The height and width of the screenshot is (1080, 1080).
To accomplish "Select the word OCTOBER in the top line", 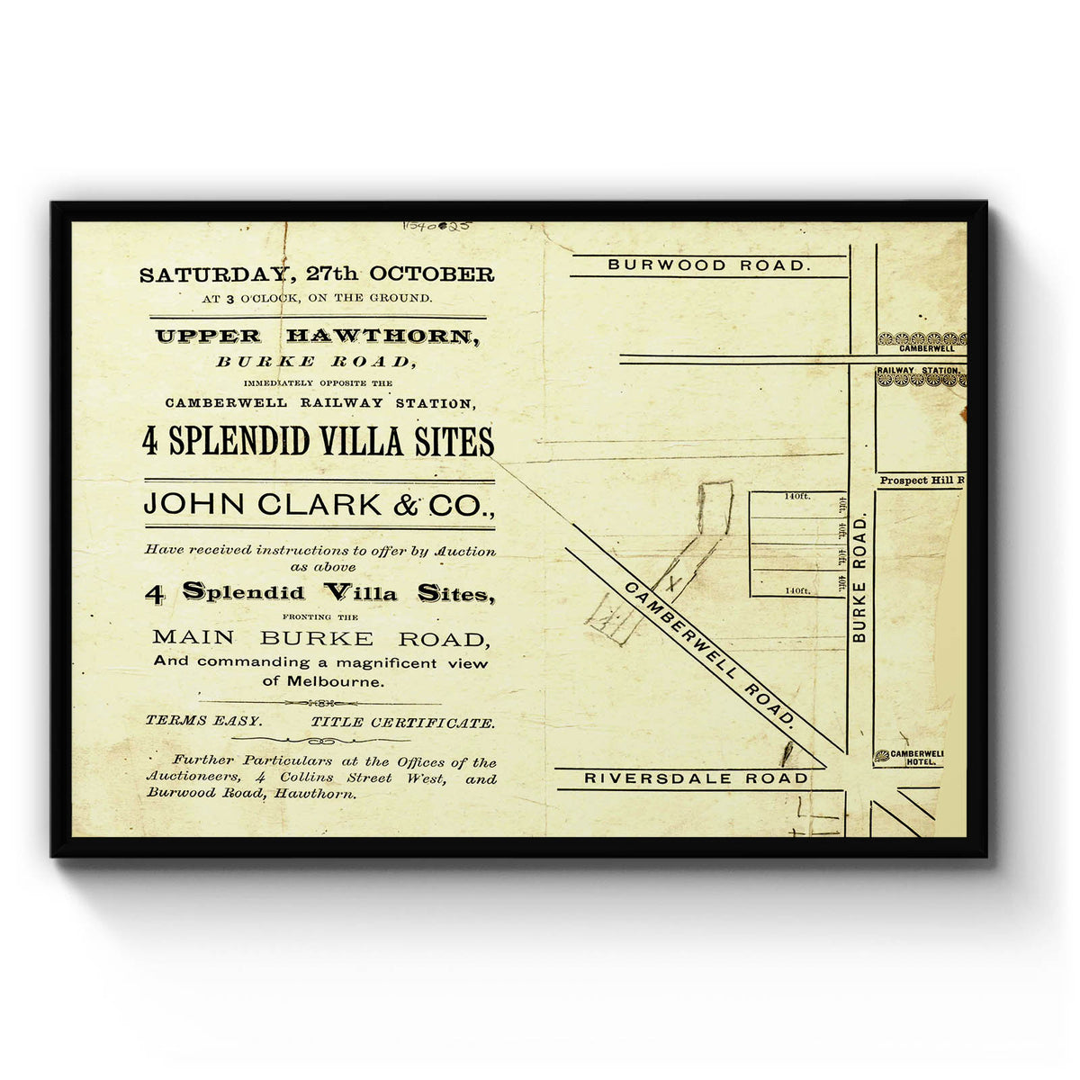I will [x=441, y=274].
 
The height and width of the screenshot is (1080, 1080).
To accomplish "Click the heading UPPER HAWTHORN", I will [x=317, y=337].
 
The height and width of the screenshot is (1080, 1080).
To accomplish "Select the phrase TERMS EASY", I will [x=204, y=722].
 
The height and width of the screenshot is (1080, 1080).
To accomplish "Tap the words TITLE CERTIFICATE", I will [x=402, y=722].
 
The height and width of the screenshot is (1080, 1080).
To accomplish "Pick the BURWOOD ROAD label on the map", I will [x=708, y=265].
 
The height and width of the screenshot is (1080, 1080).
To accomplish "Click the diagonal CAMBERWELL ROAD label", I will [x=711, y=653].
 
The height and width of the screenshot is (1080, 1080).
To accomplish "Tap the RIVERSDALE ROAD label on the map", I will [x=697, y=778].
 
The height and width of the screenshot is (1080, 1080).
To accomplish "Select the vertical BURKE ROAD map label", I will [x=859, y=578].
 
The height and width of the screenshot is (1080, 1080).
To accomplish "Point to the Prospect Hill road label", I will [x=921, y=481].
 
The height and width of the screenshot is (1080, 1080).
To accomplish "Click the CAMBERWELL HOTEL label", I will [x=915, y=758].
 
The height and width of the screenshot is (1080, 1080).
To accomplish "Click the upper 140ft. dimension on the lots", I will [x=796, y=496].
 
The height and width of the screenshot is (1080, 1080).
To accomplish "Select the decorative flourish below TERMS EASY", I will [x=319, y=742].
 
